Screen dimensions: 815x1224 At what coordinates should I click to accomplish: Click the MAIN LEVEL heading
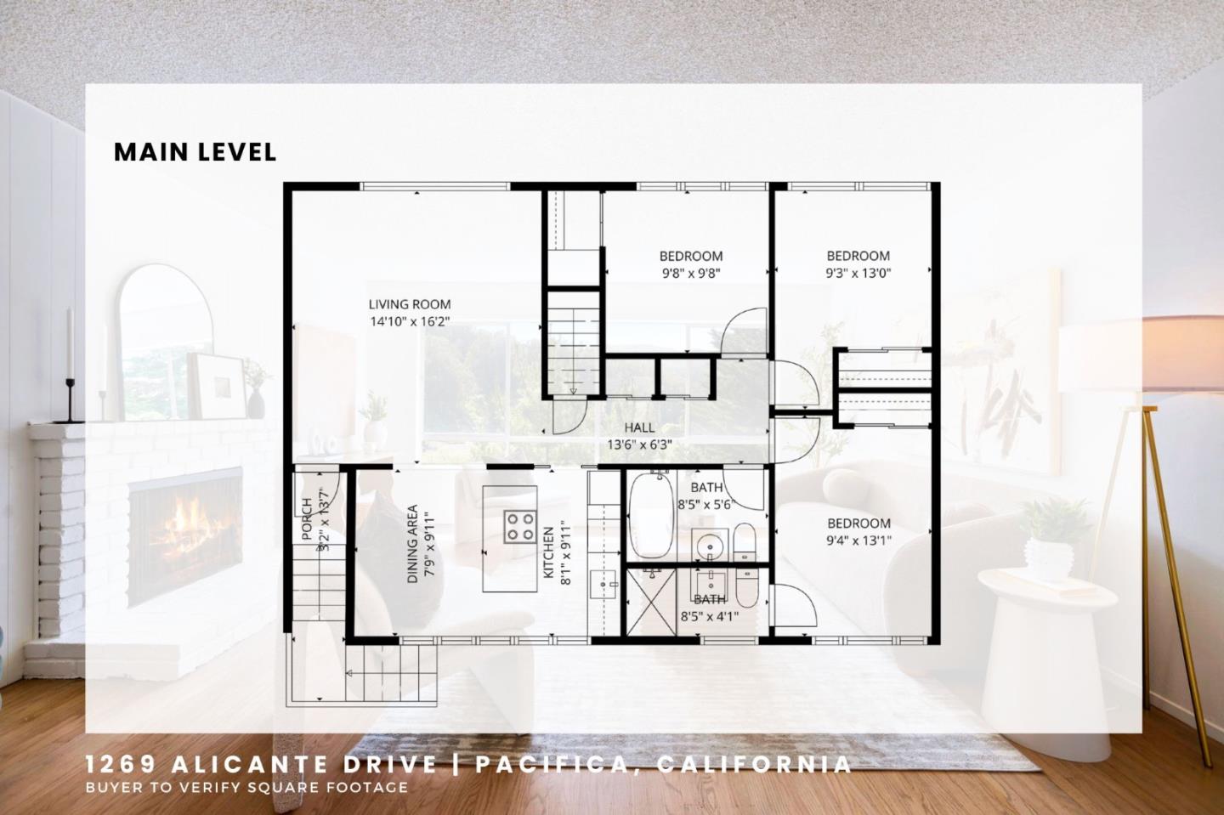coord(195,152)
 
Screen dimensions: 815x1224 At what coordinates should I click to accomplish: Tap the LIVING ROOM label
coord(409,304)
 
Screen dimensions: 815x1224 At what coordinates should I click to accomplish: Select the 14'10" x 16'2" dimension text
coord(409,322)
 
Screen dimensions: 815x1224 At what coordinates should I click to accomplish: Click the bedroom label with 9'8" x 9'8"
coord(691,256)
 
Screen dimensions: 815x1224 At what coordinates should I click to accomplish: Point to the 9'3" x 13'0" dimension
coord(858,274)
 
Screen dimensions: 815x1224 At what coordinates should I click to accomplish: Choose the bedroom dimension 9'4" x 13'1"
coord(858,541)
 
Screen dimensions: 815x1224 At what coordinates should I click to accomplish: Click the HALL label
coord(639,427)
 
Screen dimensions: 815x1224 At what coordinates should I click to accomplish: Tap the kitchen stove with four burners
coord(519,527)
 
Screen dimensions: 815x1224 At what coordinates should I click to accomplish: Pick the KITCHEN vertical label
coord(549,553)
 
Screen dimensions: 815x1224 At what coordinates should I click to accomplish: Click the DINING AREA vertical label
coord(412,544)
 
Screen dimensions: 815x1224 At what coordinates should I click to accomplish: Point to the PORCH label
coord(307,518)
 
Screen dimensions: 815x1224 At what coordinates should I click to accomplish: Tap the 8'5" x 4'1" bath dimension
coord(709,617)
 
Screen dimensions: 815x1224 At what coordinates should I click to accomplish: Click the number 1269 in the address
coord(116,765)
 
